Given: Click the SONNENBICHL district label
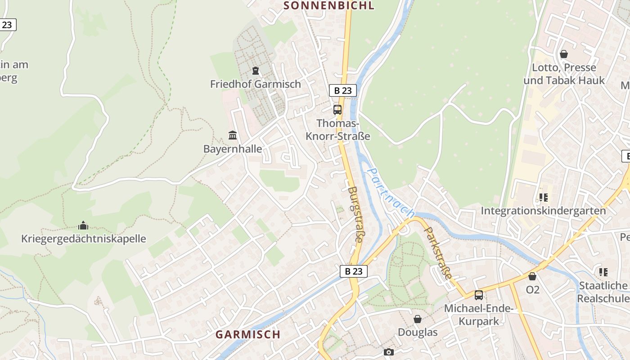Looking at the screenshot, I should point(329,5).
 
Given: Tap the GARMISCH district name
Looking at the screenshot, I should point(247,334).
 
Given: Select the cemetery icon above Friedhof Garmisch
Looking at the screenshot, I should point(256,71).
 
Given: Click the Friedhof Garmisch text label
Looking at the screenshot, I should point(256,84).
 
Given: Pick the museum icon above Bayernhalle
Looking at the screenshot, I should point(233,135).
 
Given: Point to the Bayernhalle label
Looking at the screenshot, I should point(233,149).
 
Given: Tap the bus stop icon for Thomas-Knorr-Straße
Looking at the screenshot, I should point(337,109).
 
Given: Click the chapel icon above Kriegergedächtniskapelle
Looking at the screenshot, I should point(83,225).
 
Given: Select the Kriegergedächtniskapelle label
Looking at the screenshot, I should point(84,238).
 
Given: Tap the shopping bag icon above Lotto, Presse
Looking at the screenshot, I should point(564,54).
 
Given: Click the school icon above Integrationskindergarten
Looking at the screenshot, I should point(543,197).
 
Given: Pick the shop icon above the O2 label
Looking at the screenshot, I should point(532,276).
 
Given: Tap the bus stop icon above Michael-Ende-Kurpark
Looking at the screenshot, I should point(479,295).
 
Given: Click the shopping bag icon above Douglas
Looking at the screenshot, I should point(418,319).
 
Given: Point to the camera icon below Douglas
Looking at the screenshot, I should point(389,352).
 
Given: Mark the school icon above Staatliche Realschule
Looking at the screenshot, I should point(603,272).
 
